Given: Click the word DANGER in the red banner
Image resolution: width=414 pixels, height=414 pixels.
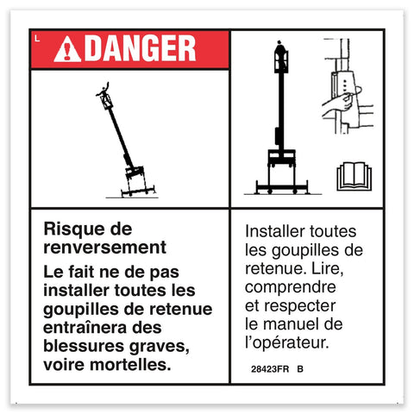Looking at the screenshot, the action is point(141,48).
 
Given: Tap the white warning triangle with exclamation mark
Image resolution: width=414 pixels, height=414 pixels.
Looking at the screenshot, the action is point(67,49).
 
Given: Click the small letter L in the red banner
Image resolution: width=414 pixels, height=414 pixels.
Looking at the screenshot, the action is point(37,38).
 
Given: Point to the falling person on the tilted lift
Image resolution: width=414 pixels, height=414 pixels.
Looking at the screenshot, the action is point(103,90).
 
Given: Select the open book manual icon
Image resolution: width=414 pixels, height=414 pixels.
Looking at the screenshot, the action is point(354,177).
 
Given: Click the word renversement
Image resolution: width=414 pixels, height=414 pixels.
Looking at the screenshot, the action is point(105,248).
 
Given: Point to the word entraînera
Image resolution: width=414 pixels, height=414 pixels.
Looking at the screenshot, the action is point(85,328).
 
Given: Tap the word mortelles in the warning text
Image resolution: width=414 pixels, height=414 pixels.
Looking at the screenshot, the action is point(130,365).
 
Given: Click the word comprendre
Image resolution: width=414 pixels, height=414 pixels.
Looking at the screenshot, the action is point(291,287).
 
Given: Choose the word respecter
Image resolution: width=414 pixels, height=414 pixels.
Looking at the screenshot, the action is point(300,306).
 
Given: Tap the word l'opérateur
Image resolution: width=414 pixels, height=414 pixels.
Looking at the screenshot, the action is point(287,342).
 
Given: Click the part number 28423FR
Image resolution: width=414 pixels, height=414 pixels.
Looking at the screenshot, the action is point(270,369).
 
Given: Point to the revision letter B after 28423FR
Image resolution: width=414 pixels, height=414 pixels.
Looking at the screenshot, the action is point(300,369).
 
